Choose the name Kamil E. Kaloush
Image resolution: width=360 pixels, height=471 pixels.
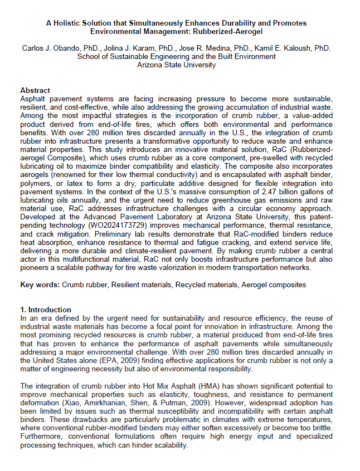[x=288, y=49]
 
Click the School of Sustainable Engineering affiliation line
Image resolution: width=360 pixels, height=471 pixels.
[x=176, y=57]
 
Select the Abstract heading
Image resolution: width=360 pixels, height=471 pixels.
[x=35, y=90]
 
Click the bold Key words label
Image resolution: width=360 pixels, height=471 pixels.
[x=40, y=284]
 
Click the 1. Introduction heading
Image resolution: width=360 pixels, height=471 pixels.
[x=46, y=310]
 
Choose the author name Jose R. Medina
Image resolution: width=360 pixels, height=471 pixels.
[x=207, y=49]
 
